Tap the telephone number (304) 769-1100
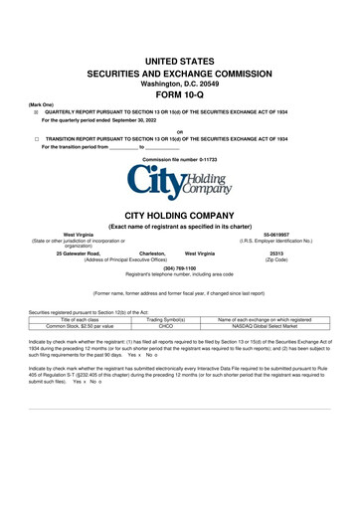coord(180,268)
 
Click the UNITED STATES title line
coord(180,62)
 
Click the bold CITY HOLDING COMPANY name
coord(180,214)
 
